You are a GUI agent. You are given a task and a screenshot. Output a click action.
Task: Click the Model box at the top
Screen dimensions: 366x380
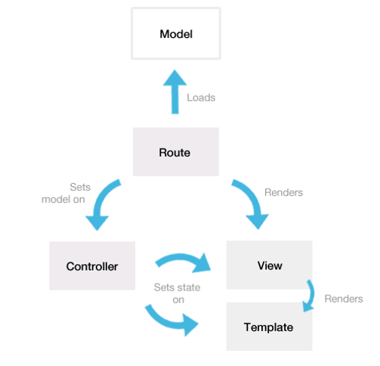[x=175, y=34]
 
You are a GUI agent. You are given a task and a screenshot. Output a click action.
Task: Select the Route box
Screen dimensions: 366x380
[x=175, y=152]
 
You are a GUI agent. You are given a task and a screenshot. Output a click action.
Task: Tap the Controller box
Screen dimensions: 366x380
[x=91, y=266]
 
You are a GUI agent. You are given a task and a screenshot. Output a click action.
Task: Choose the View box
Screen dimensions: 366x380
[x=270, y=265]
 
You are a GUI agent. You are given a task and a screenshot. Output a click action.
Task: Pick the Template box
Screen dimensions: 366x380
[x=268, y=327]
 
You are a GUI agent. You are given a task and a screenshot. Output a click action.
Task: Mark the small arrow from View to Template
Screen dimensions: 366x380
[x=310, y=296]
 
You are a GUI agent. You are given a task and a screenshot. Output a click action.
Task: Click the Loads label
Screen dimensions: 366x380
[x=201, y=98]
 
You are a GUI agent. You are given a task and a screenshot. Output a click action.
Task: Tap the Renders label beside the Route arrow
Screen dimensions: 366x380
[x=283, y=192]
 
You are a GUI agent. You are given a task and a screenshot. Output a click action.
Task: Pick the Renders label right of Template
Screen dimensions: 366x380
[x=343, y=299]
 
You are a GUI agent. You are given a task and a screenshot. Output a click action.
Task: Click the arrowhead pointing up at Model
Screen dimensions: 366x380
[x=175, y=79]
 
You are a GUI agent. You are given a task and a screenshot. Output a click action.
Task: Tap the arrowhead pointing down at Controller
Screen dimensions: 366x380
[x=97, y=222]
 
